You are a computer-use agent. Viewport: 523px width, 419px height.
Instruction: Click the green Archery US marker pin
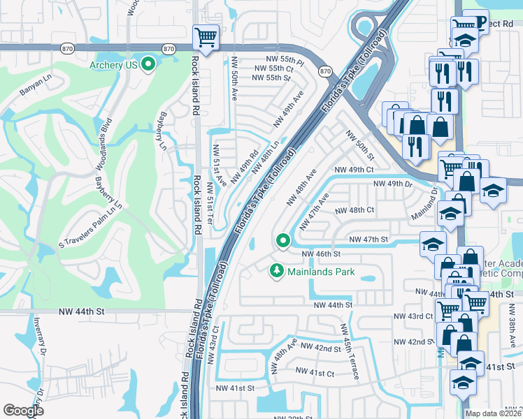[148, 65]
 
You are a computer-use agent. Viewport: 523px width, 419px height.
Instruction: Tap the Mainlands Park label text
[322, 272]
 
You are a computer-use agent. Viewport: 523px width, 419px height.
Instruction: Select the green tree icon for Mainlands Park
[277, 270]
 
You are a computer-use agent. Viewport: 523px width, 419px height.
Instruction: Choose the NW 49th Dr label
[393, 184]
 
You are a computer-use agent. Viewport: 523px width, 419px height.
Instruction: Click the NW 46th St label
[321, 254]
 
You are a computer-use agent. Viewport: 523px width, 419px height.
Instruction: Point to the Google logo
[24, 411]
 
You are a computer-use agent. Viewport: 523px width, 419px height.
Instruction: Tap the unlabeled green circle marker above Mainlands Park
[283, 241]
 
